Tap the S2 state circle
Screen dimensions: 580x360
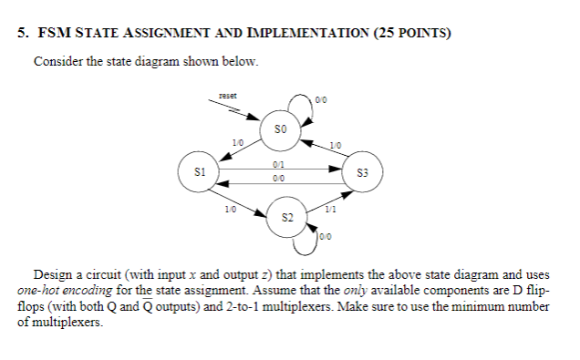pos(287,218)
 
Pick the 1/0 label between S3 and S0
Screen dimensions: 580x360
pos(336,143)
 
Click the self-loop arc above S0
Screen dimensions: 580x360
pos(299,98)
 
